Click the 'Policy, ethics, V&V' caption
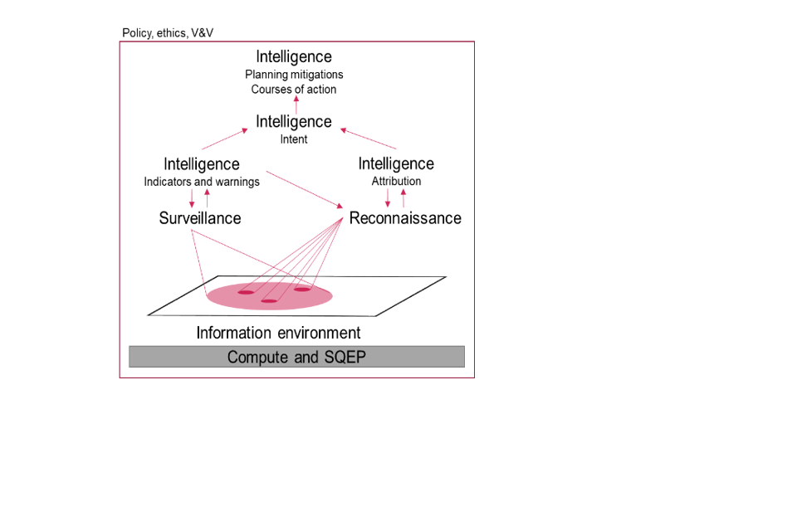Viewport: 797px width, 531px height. point(168,33)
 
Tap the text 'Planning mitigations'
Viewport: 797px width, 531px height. point(294,75)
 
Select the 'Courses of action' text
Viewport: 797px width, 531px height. point(294,89)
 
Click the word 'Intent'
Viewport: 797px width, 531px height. point(294,139)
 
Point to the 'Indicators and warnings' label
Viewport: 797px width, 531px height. point(202,182)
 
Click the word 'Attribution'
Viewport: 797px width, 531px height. point(396,182)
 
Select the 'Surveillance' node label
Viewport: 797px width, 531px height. point(200,218)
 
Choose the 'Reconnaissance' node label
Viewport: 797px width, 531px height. point(405,218)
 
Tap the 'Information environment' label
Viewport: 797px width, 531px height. point(278,333)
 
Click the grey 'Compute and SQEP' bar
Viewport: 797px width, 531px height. point(296,357)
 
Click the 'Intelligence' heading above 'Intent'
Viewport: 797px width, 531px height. point(294,122)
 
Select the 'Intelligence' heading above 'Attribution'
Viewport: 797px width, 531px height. point(396,163)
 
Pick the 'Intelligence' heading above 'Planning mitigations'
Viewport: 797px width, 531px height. point(294,56)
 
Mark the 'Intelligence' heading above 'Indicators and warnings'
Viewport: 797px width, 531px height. point(202,163)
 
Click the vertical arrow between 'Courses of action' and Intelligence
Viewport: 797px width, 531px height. point(296,105)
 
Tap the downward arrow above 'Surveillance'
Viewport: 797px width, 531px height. point(192,199)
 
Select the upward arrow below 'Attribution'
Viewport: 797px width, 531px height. point(403,199)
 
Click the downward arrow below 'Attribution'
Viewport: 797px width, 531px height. point(388,199)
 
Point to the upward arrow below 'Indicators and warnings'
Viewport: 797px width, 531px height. point(208,199)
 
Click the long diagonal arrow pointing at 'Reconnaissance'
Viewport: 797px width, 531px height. point(305,189)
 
